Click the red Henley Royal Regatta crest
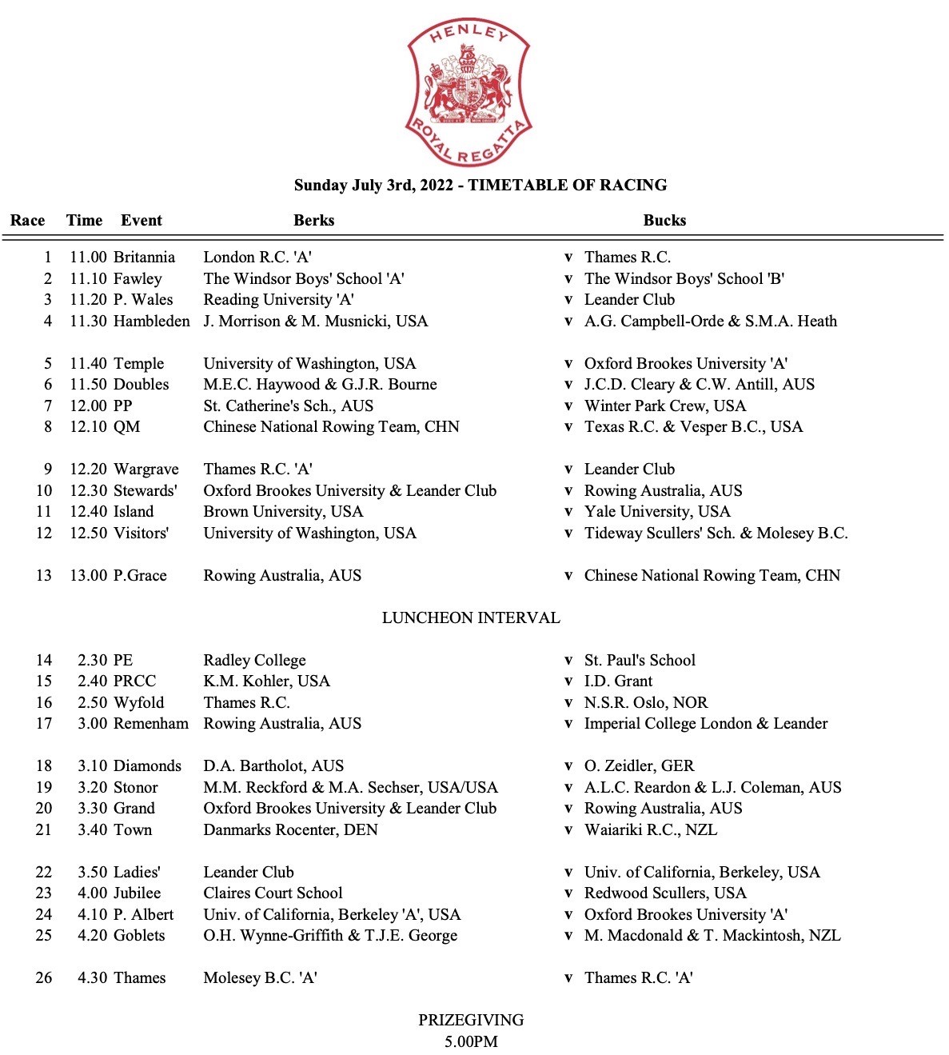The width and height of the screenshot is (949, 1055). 469,94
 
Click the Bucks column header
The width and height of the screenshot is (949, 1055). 664,221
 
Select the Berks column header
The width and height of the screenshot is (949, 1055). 313,221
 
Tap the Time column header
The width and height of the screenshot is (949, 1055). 84,221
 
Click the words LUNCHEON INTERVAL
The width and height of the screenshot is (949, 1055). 471,618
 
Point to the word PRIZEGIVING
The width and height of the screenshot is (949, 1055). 471,1021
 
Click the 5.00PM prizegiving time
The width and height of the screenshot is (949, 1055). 471,1041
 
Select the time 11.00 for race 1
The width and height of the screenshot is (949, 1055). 88,258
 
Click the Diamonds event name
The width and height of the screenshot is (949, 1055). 148,766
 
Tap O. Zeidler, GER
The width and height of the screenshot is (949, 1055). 639,766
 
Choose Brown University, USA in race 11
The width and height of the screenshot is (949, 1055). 283,512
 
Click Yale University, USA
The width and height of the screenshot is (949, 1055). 657,512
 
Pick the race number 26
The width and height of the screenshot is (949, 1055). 44,978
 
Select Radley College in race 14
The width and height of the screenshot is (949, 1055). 254,661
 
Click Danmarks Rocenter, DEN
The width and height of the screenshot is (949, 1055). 290,830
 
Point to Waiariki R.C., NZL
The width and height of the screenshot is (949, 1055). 651,830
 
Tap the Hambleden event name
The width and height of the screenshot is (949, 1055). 152,322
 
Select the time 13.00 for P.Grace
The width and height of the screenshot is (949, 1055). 88,576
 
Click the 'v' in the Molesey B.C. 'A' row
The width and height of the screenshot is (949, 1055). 568,978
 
